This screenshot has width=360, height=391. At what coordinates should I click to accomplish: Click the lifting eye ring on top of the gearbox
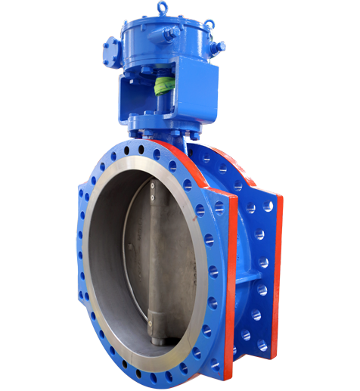[163, 8]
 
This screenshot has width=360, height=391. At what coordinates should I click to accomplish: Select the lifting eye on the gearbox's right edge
[218, 48]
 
